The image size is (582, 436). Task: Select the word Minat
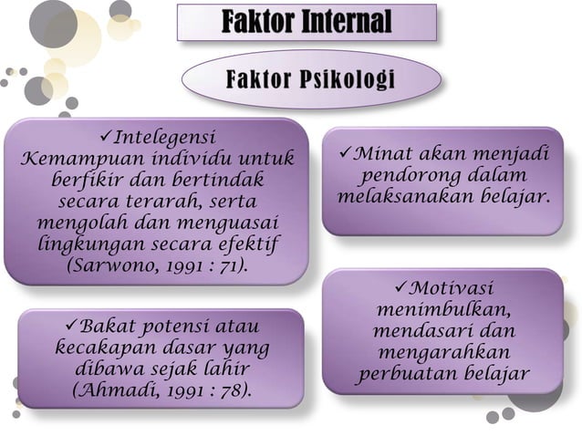click(x=379, y=151)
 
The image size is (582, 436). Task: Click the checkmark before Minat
click(x=345, y=151)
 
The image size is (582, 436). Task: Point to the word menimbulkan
click(x=442, y=310)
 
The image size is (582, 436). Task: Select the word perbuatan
click(x=408, y=375)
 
